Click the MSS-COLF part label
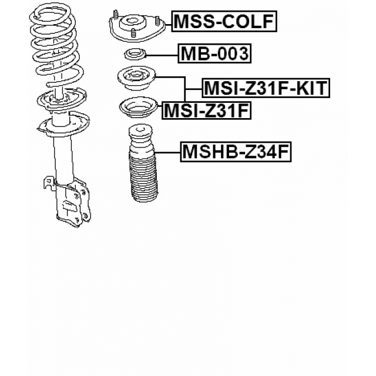pyautogui.click(x=224, y=21)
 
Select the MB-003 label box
pyautogui.click(x=214, y=53)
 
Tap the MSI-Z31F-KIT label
pyautogui.click(x=266, y=88)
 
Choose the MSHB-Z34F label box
pyautogui.click(x=236, y=152)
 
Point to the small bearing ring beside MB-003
pyautogui.click(x=135, y=55)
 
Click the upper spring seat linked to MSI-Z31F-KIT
pyautogui.click(x=137, y=78)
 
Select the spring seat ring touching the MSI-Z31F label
pyautogui.click(x=139, y=108)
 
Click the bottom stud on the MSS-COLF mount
pyautogui.click(x=134, y=33)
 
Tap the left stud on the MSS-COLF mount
pyautogui.click(x=116, y=15)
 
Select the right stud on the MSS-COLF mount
pyautogui.click(x=157, y=21)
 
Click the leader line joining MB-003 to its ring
pyautogui.click(x=162, y=55)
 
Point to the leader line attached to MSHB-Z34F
pyautogui.click(x=168, y=153)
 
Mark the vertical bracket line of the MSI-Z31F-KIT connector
pyautogui.click(x=185, y=89)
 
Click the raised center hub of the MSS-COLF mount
pyautogui.click(x=132, y=23)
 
